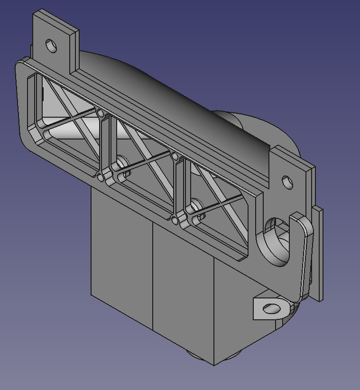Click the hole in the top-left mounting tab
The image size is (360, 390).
pyautogui.click(x=51, y=46)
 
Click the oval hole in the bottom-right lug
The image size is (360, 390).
pyautogui.click(x=270, y=309)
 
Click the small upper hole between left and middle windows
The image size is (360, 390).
pyautogui.click(x=101, y=113)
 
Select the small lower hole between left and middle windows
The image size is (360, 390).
pyautogui.click(x=101, y=177)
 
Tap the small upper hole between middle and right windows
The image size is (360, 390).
pyautogui.click(x=175, y=156)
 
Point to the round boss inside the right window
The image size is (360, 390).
pyautogui.click(x=194, y=207)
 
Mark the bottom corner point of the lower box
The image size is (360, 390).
pyautogui.click(x=214, y=365)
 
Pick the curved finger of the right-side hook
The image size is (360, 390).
pyautogui.click(x=304, y=256)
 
